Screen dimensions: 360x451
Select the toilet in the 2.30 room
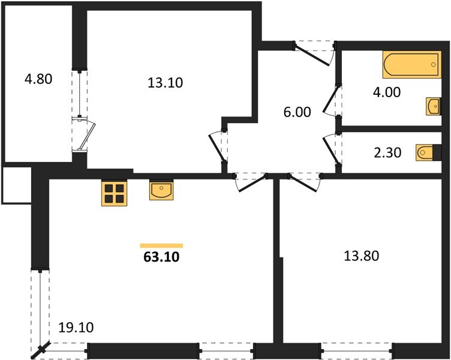(x=423, y=153)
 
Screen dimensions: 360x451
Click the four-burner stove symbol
(x=114, y=194)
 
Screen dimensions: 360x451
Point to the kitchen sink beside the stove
(x=161, y=191)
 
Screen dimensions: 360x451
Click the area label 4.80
(x=39, y=79)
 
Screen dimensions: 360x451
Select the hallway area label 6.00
(x=297, y=112)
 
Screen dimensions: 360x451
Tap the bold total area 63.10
(x=161, y=259)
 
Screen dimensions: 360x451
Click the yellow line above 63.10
(x=161, y=245)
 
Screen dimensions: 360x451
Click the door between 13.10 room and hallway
(x=217, y=146)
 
